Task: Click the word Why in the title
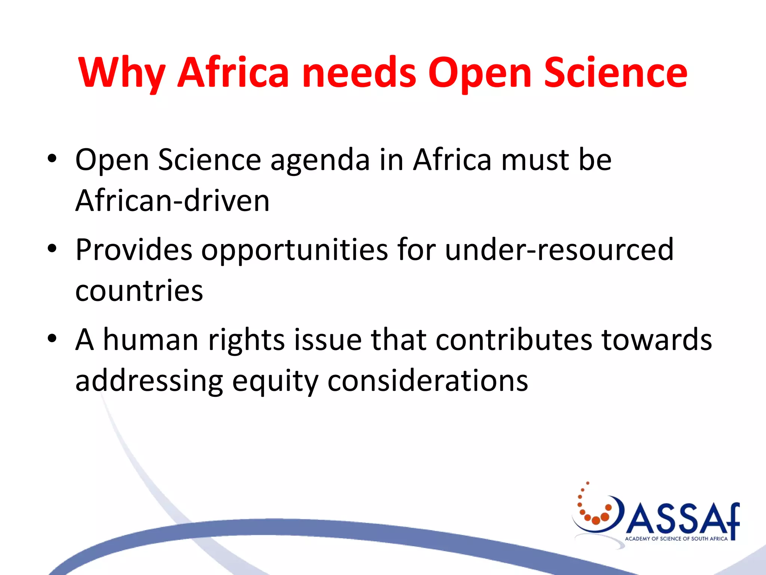[x=122, y=73]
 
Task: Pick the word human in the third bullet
[x=150, y=340]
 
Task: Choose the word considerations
[x=428, y=381]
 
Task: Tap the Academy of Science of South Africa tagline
[x=676, y=539]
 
